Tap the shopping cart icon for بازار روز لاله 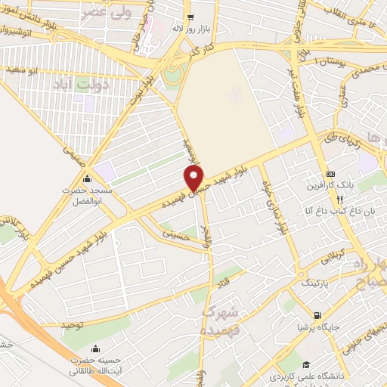(190, 15)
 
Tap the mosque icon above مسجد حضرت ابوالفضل (88, 180)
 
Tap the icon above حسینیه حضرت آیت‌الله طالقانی (95, 348)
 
